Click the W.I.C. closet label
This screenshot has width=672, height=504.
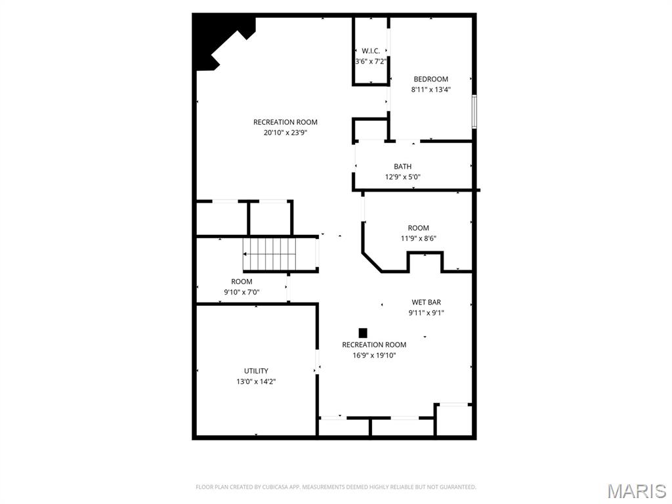pyautogui.click(x=371, y=51)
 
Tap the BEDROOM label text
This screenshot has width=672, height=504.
pyautogui.click(x=430, y=79)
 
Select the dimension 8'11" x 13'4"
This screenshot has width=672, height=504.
pyautogui.click(x=430, y=89)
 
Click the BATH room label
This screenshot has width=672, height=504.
pyautogui.click(x=402, y=167)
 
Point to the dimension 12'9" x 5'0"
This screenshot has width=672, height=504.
pyautogui.click(x=402, y=177)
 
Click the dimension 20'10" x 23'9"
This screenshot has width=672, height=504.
pyautogui.click(x=285, y=132)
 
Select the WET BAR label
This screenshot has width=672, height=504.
pyautogui.click(x=426, y=303)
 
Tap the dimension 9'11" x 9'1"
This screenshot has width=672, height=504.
pyautogui.click(x=426, y=312)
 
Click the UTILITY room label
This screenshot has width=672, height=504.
pyautogui.click(x=256, y=371)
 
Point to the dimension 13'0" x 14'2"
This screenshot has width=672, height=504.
pyautogui.click(x=256, y=381)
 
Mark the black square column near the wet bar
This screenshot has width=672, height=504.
pyautogui.click(x=363, y=333)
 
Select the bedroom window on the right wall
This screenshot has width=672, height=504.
pyautogui.click(x=474, y=112)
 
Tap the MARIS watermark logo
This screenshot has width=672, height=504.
pyautogui.click(x=636, y=491)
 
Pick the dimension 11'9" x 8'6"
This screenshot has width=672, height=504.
pyautogui.click(x=418, y=238)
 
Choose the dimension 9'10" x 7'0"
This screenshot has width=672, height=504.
pyautogui.click(x=241, y=292)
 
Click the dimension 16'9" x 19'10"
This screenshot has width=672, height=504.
pyautogui.click(x=374, y=355)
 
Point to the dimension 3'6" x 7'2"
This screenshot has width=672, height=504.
pyautogui.click(x=371, y=61)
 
